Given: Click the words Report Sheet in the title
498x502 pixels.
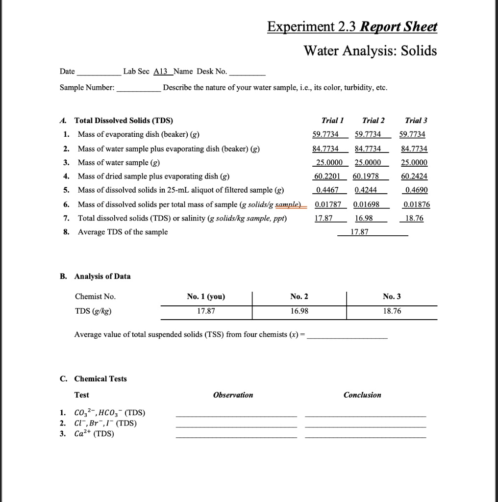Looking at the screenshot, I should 398,26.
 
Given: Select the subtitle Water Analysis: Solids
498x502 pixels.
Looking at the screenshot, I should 370,50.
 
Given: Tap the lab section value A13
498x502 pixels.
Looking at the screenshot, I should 161,72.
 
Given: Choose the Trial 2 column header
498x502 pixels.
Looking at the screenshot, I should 373,121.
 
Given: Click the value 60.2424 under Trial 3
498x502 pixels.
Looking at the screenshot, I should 414,176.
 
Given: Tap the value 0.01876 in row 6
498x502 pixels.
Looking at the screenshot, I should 414,204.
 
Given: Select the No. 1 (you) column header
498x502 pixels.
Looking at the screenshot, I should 206,297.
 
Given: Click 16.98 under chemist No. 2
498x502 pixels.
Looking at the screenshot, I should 299,311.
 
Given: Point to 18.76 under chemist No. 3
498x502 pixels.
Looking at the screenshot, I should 392,311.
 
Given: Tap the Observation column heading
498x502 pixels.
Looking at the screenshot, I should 233,395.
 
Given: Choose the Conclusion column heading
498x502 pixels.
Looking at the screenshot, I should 362,395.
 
